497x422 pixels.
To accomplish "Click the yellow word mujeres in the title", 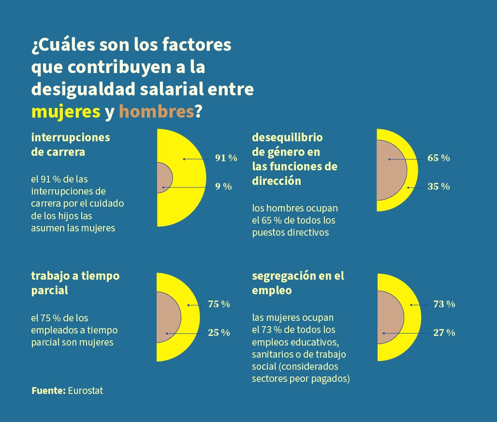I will coord(66,112).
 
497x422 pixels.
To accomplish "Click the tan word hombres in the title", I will coord(156,112).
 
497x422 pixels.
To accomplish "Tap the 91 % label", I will coord(226,158).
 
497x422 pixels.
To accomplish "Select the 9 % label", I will coord(223,187).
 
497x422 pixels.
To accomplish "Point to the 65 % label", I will coord(439,158).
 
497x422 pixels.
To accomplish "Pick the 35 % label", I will coord(439,187).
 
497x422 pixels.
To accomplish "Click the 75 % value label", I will coord(219,304).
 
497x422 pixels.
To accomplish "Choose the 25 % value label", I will coord(219,333).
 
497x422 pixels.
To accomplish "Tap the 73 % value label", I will coord(444,304).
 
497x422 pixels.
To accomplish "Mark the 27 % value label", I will coord(444,333).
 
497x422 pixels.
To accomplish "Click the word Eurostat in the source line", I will coord(86,391).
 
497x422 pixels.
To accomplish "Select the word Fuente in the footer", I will coord(48,391).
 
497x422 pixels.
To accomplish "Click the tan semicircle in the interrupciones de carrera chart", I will coord(163,178).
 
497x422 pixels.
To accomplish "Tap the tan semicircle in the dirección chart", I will coord(391,170).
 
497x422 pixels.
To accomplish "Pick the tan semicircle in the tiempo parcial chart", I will coord(167,317).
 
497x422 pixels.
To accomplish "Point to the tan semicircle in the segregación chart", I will coord(389,317).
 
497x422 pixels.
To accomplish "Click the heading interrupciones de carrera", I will coord(71,144).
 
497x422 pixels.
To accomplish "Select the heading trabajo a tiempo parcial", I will coord(75,283).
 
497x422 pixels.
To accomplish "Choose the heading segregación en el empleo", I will coord(298,283).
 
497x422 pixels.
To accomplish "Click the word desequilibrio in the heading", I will coord(287,137).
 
